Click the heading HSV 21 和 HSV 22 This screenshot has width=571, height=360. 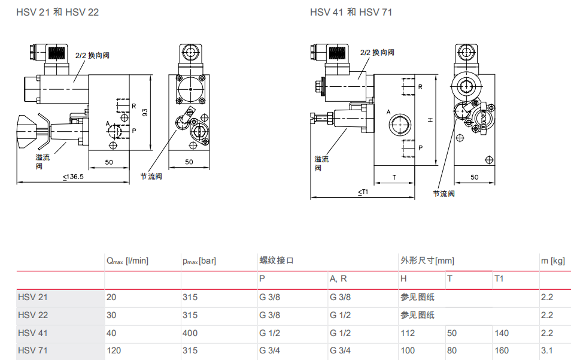pyautogui.click(x=58, y=12)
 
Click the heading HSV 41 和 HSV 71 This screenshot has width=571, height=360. pyautogui.click(x=351, y=12)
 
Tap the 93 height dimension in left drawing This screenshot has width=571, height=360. pyautogui.click(x=144, y=112)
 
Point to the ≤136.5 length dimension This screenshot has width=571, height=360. pyautogui.click(x=73, y=177)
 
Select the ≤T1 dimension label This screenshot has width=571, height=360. pyautogui.click(x=363, y=192)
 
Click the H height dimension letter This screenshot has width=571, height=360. pyautogui.click(x=430, y=120)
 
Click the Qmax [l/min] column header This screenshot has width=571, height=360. pyautogui.click(x=127, y=261)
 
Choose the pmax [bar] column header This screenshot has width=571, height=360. pyautogui.click(x=199, y=261)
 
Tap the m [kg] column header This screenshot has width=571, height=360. pyautogui.click(x=552, y=261)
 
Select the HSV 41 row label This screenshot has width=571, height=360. pyautogui.click(x=33, y=333)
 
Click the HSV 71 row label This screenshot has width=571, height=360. pyautogui.click(x=33, y=350)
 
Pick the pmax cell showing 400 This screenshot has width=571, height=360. pyautogui.click(x=190, y=333)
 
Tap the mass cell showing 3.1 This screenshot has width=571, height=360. pyautogui.click(x=546, y=350)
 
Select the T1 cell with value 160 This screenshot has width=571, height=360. pyautogui.click(x=502, y=350)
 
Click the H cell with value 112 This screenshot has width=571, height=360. pyautogui.click(x=408, y=333)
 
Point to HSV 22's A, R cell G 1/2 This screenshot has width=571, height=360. pyautogui.click(x=340, y=315)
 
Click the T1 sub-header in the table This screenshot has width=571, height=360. pyautogui.click(x=499, y=279)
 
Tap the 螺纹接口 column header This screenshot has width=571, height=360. pyautogui.click(x=277, y=261)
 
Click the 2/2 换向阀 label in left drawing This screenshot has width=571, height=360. pyautogui.click(x=92, y=55)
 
